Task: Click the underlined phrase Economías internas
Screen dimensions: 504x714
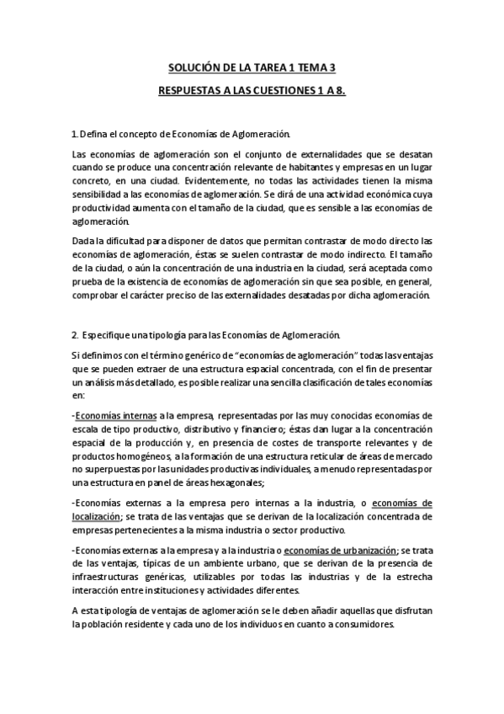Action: click(109, 414)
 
